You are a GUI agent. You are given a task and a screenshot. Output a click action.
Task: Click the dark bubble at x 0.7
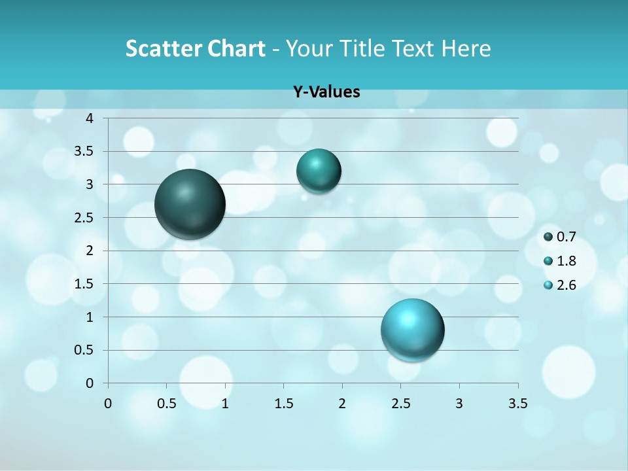pyautogui.click(x=190, y=203)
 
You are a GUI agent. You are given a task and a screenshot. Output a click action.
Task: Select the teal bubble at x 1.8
pyautogui.click(x=319, y=171)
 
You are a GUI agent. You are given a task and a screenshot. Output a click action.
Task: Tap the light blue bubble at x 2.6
pyautogui.click(x=412, y=330)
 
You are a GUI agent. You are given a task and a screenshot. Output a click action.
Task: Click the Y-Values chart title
pyautogui.click(x=326, y=92)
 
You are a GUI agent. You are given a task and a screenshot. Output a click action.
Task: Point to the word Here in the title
pyautogui.click(x=466, y=48)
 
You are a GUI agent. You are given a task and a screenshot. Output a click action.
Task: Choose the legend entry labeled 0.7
pyautogui.click(x=560, y=237)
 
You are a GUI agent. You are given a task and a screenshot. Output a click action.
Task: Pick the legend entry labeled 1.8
pyautogui.click(x=560, y=261)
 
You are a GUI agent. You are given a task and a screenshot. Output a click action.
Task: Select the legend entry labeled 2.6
pyautogui.click(x=560, y=285)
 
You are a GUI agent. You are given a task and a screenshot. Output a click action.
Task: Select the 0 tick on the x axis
pyautogui.click(x=108, y=403)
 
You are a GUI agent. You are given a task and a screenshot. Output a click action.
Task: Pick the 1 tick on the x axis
pyautogui.click(x=225, y=403)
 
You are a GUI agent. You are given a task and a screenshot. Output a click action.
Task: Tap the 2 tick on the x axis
pyautogui.click(x=342, y=403)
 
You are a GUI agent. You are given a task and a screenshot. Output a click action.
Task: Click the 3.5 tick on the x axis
pyautogui.click(x=518, y=403)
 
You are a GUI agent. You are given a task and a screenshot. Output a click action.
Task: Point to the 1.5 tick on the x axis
pyautogui.click(x=283, y=403)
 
